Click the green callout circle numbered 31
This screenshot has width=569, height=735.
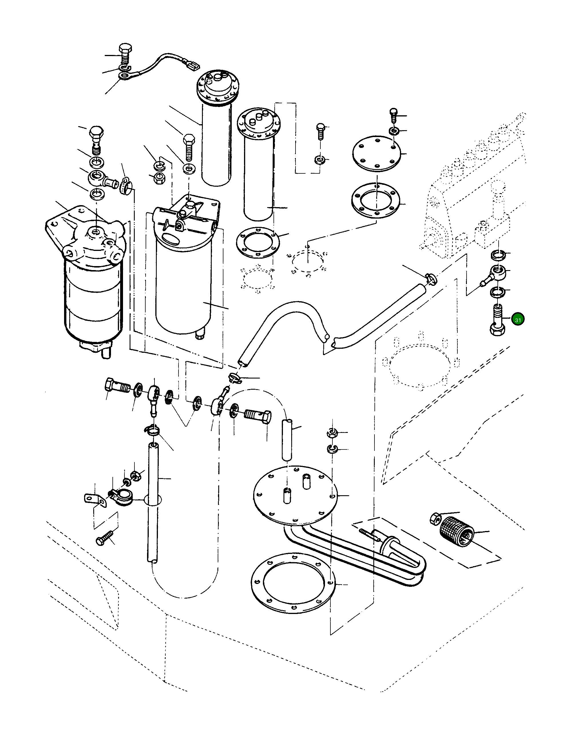[x=518, y=319]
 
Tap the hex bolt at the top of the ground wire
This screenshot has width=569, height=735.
[x=126, y=54]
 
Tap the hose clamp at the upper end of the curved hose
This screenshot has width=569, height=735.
[x=430, y=278]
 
